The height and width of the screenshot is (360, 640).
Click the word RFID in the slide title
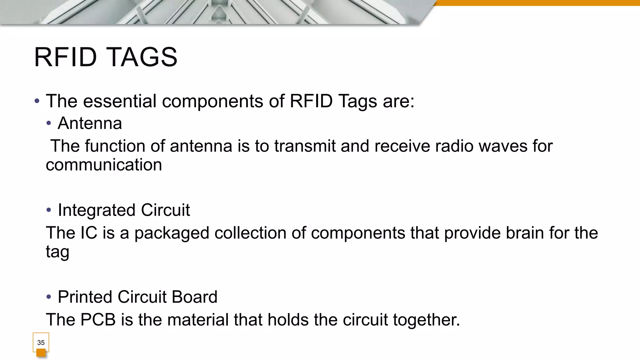click(65, 57)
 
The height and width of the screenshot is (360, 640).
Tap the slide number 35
click(41, 342)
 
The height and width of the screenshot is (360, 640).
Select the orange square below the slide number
click(41, 353)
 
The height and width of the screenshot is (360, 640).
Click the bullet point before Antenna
click(48, 123)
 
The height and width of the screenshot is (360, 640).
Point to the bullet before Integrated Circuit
click(48, 210)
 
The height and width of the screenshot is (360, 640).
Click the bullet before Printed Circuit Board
click(48, 297)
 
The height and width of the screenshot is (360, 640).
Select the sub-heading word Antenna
click(90, 123)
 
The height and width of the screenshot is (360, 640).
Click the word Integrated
click(97, 210)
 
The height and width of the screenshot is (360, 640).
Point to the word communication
click(104, 165)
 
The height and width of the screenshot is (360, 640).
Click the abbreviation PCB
click(98, 320)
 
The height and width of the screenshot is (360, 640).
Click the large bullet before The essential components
click(37, 101)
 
